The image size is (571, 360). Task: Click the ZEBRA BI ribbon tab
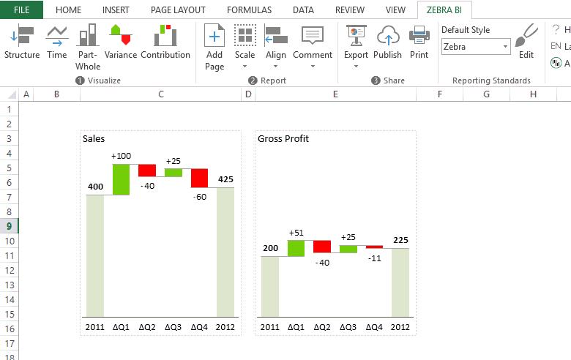pos(444,10)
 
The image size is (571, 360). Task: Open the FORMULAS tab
pos(249,10)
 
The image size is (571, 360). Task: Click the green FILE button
pos(21,10)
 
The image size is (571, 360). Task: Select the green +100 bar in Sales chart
pos(121,179)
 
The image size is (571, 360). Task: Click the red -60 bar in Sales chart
pos(200,178)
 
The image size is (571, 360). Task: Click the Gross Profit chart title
pos(283,138)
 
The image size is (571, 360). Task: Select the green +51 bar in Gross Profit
pos(296,248)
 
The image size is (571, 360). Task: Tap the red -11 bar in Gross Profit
pos(374,247)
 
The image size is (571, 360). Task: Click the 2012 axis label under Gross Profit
pos(400,326)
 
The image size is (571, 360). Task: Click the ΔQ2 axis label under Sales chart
pos(146,326)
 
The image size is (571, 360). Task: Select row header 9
pos(9,226)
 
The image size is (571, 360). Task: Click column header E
pos(335,94)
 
